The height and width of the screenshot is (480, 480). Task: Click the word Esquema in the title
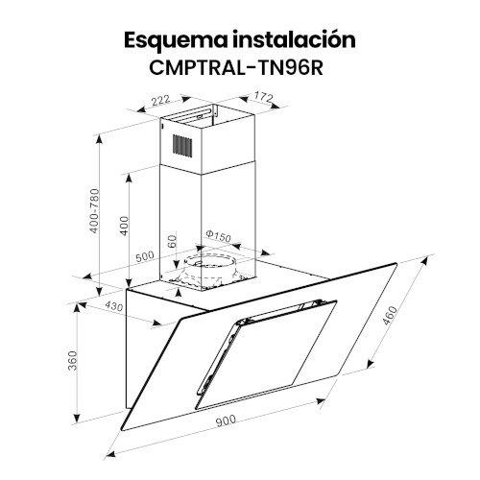[176, 41]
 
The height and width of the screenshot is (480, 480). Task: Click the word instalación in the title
[295, 39]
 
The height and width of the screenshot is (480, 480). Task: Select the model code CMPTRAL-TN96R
[236, 67]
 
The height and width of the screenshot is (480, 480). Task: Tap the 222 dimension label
[160, 101]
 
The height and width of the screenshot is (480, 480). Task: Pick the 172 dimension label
[263, 97]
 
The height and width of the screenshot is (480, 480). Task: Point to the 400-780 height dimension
[94, 211]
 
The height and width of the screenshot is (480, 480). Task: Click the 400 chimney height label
[124, 226]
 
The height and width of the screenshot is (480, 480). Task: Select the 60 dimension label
[172, 241]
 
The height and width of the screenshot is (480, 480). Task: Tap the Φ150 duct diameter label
[218, 236]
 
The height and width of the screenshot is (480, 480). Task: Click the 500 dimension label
[145, 256]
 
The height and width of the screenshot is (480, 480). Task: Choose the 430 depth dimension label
[114, 306]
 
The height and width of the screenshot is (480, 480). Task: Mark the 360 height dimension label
[73, 361]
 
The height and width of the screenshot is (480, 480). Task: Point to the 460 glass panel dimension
[390, 316]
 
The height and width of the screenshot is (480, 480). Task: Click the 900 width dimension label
[226, 420]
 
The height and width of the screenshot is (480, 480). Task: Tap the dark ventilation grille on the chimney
[182, 146]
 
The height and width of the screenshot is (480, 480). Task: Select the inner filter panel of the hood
[266, 354]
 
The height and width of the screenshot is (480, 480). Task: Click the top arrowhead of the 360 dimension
[77, 307]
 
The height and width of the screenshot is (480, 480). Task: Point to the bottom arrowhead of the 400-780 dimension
[100, 292]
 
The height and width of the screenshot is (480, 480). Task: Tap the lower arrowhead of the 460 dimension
[371, 364]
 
